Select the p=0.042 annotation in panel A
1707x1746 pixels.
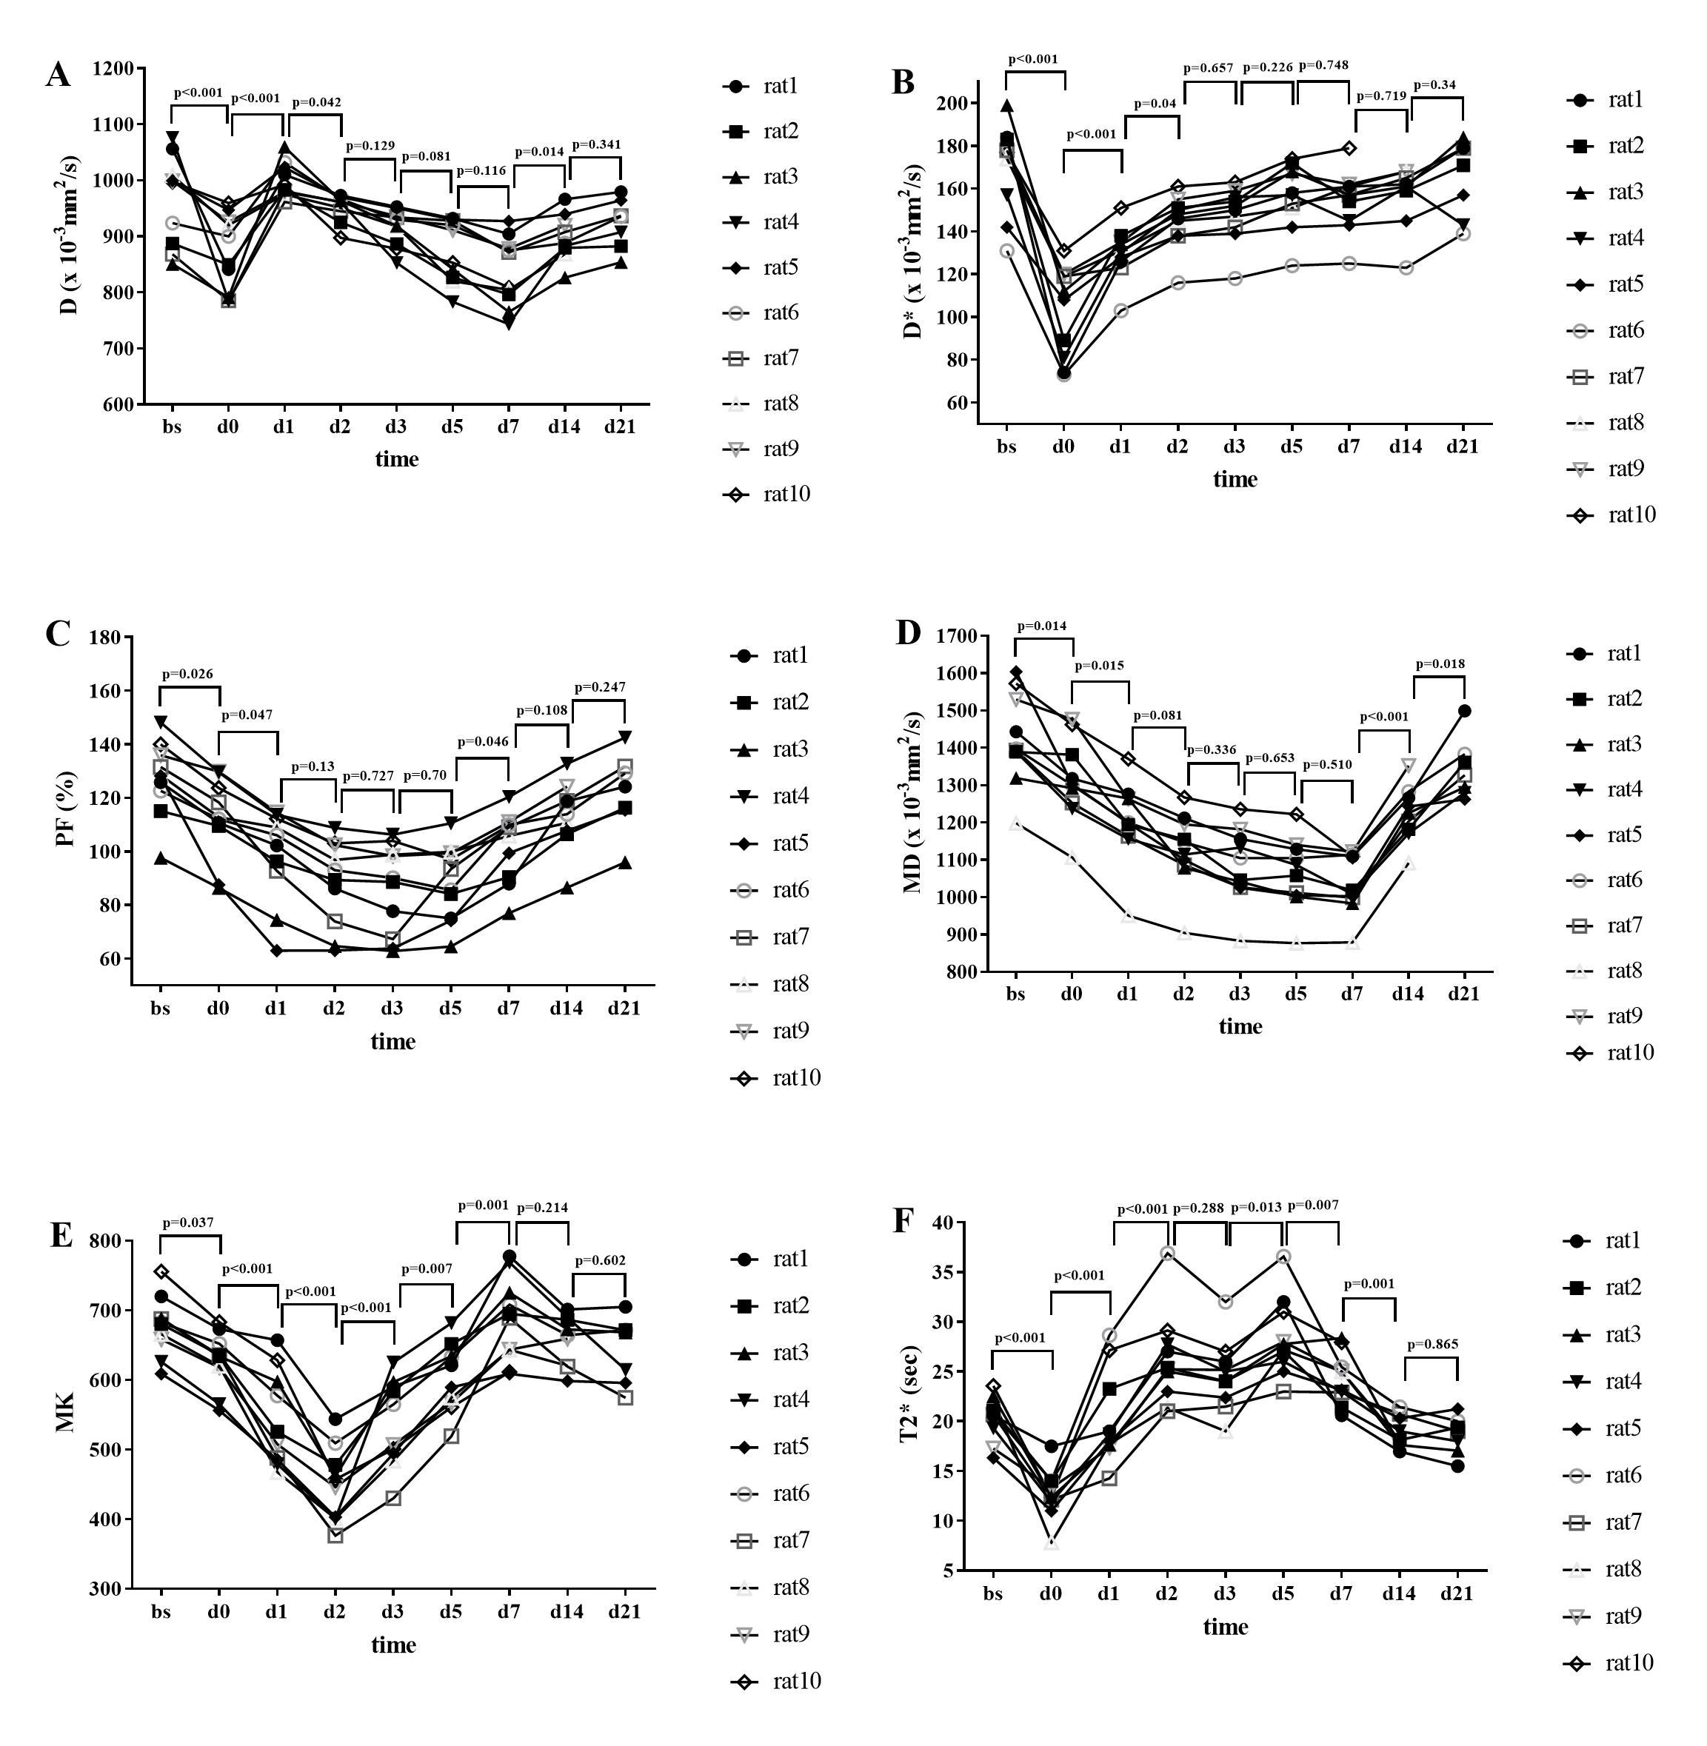pyautogui.click(x=315, y=102)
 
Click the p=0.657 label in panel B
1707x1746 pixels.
pyautogui.click(x=1209, y=68)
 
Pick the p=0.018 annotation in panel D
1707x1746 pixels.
pyautogui.click(x=1440, y=664)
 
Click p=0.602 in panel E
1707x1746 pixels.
pyautogui.click(x=600, y=1260)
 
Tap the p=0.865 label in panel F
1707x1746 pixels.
pyautogui.click(x=1432, y=1345)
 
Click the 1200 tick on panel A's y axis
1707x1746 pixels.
pyautogui.click(x=115, y=69)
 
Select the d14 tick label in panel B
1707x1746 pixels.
pyautogui.click(x=1405, y=446)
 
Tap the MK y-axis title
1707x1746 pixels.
pyautogui.click(x=67, y=1414)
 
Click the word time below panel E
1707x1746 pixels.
pyautogui.click(x=393, y=1645)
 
